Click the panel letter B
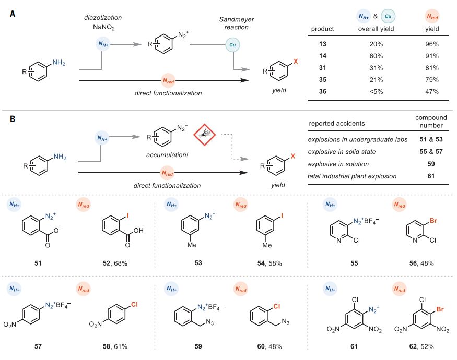click(x=12, y=119)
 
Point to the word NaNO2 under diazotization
click(x=104, y=26)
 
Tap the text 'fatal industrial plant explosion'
click(x=353, y=175)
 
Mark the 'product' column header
click(x=322, y=29)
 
